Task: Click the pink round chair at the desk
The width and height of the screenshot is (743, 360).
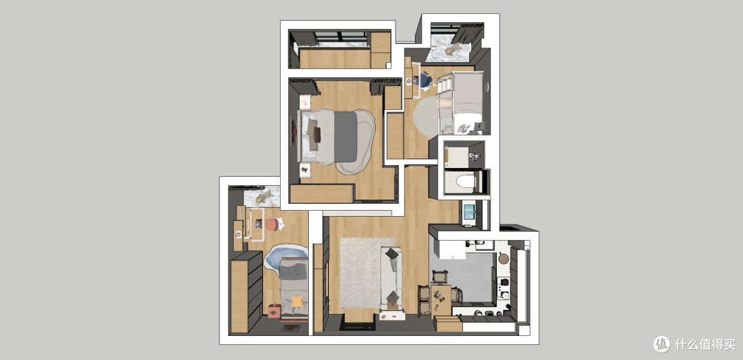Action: point(272,224)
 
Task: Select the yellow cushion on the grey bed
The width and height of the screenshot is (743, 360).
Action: point(297,301)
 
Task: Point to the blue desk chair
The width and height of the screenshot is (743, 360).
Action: point(425,80)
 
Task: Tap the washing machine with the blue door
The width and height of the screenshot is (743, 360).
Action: point(469,211)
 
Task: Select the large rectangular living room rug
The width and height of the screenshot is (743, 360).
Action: point(367,273)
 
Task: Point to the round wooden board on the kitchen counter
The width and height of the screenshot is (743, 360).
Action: point(503,259)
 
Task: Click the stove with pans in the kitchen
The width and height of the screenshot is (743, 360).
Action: point(503,288)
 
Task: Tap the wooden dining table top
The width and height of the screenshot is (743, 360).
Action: point(441,299)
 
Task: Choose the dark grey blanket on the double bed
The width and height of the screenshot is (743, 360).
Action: point(345,136)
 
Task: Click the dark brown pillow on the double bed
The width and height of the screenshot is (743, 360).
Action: point(316,135)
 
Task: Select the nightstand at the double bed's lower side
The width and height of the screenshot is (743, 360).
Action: point(305,169)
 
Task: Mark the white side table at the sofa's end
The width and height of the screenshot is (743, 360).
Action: point(392,315)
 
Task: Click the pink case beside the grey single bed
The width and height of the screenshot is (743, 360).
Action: point(273,310)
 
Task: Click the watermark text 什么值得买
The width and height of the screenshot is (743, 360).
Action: point(706,344)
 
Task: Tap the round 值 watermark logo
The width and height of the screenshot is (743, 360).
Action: point(662,344)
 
